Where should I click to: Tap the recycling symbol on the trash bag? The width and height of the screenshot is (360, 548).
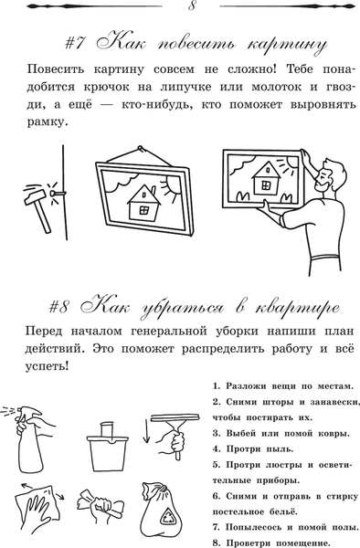[x=170, y=519]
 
